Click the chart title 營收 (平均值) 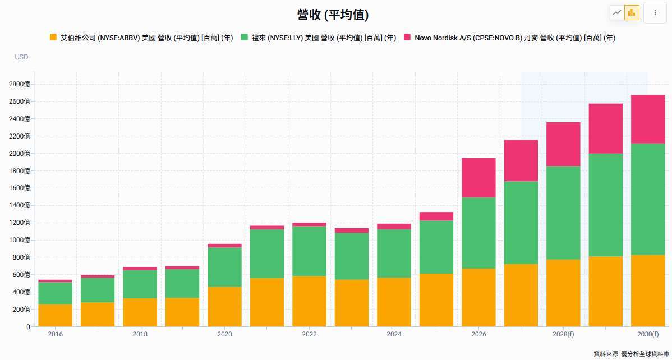tap(333, 15)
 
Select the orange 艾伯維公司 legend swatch tap(53, 37)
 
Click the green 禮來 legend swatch tap(245, 37)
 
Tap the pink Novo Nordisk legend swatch tap(407, 37)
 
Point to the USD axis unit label tap(21, 57)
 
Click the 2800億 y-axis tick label tap(20, 84)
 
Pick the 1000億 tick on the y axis tap(20, 240)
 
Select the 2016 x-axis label tap(56, 334)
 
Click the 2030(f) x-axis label tap(648, 334)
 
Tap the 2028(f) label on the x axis tap(563, 334)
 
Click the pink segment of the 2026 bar tap(478, 178)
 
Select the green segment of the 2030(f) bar tap(648, 199)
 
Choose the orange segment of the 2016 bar tap(56, 315)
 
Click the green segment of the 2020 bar tap(224, 267)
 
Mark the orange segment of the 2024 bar tap(394, 302)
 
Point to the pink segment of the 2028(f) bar tap(563, 144)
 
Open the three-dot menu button tap(655, 12)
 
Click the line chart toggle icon tap(617, 12)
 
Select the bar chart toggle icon tap(632, 12)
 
